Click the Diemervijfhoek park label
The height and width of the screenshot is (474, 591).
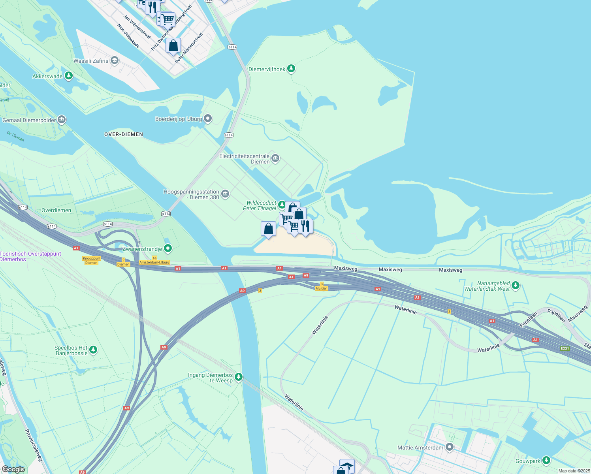267,69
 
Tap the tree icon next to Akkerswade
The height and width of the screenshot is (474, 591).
69,75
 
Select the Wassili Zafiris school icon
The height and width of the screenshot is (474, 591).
115,60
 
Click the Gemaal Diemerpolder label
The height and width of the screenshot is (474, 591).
29,120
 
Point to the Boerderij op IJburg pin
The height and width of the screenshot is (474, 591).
208,118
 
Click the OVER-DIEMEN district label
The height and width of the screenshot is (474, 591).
124,134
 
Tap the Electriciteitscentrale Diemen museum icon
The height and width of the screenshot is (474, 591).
275,159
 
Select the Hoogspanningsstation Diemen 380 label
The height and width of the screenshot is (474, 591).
192,194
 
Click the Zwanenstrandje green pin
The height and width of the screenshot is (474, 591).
168,248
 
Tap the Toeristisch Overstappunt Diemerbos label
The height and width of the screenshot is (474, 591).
30,256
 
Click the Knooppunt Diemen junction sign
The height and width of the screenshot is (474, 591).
92,260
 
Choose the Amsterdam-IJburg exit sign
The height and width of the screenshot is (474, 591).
154,262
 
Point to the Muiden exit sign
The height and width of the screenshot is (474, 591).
322,288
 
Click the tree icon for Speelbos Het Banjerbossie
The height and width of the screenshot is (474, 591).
93,350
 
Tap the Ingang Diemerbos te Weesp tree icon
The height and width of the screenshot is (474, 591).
238,377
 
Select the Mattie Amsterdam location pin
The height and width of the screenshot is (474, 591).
450,447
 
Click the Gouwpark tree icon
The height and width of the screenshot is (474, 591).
546,460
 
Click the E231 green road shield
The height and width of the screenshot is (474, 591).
565,348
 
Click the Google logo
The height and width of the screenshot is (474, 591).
13,469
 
